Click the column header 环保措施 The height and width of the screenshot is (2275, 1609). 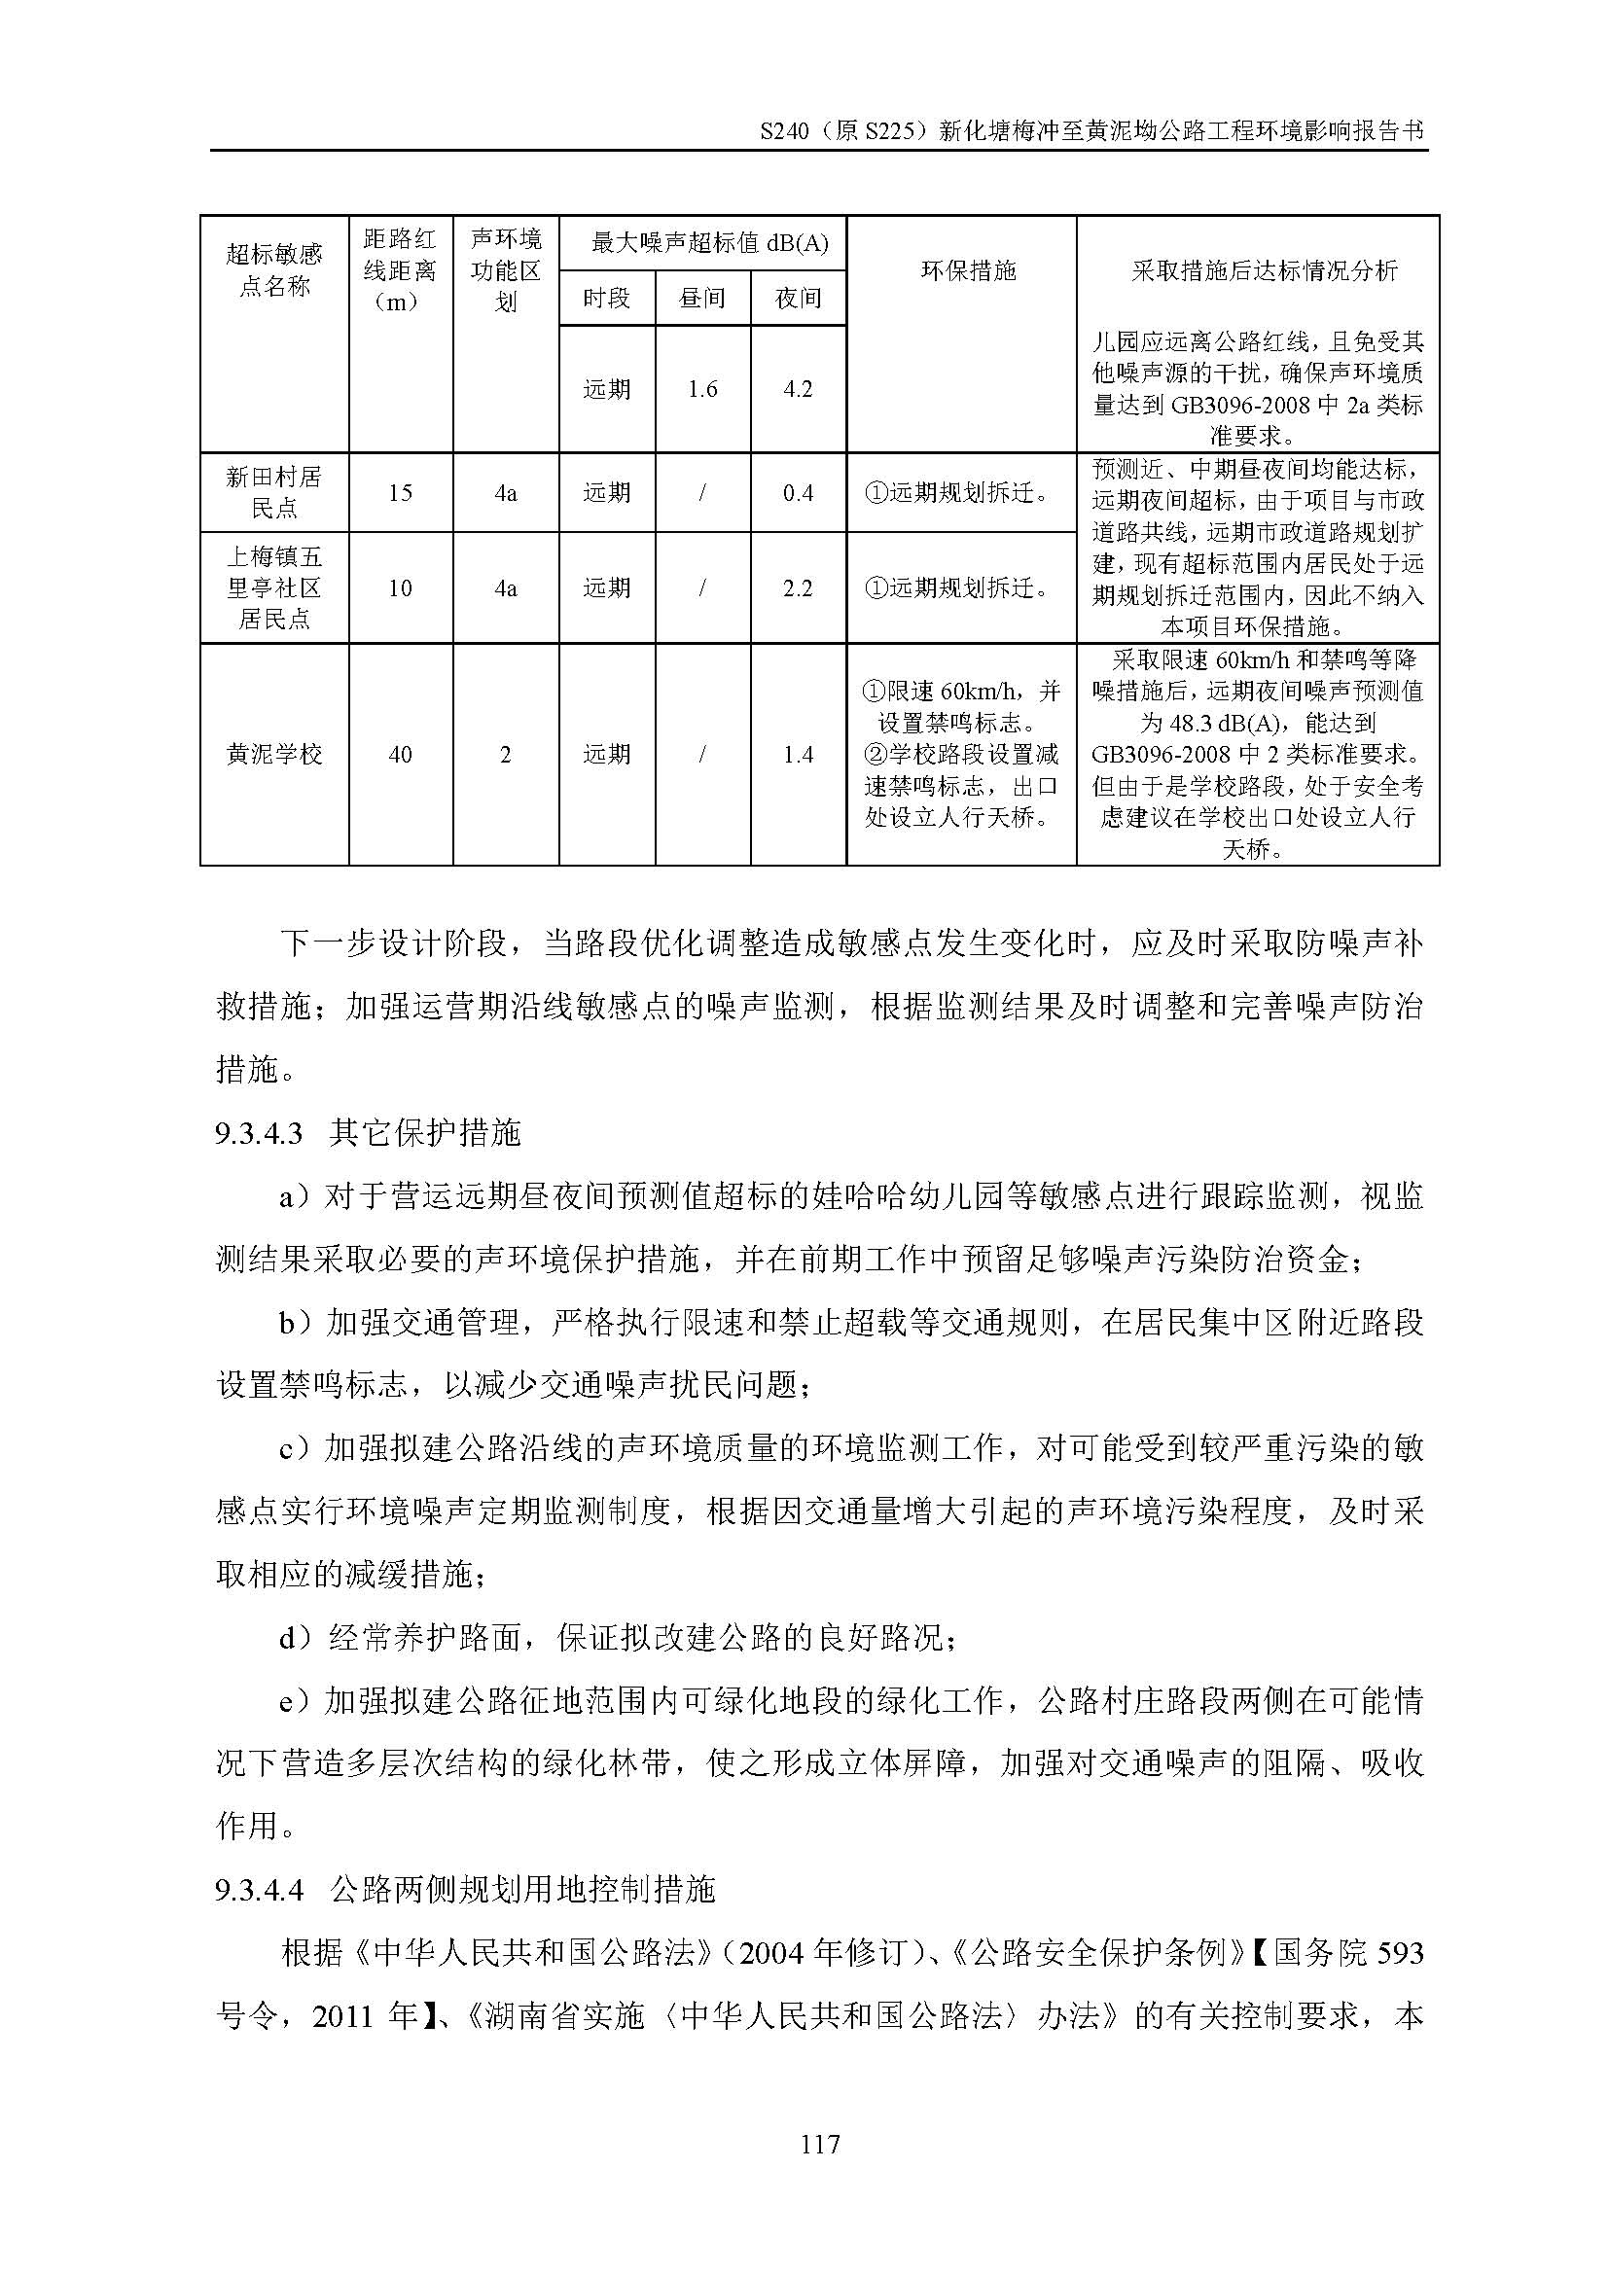968,270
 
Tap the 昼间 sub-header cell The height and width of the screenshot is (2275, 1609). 701,299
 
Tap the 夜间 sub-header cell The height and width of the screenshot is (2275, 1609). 798,299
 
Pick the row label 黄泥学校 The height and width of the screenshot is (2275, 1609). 274,754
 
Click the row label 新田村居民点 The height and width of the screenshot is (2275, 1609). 274,492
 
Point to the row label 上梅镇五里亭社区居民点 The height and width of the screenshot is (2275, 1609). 274,587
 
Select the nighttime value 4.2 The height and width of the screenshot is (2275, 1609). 798,389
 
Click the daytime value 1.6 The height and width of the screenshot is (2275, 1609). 701,389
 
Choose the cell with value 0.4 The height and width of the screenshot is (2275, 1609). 798,492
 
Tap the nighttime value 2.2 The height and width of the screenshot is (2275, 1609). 798,587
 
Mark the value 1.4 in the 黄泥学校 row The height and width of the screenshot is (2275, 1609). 798,754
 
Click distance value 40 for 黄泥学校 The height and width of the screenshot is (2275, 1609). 400,754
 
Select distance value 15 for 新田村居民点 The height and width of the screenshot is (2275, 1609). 400,492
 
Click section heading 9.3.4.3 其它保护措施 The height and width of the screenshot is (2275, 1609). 368,1132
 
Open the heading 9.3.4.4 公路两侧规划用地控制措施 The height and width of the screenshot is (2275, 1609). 464,1890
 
